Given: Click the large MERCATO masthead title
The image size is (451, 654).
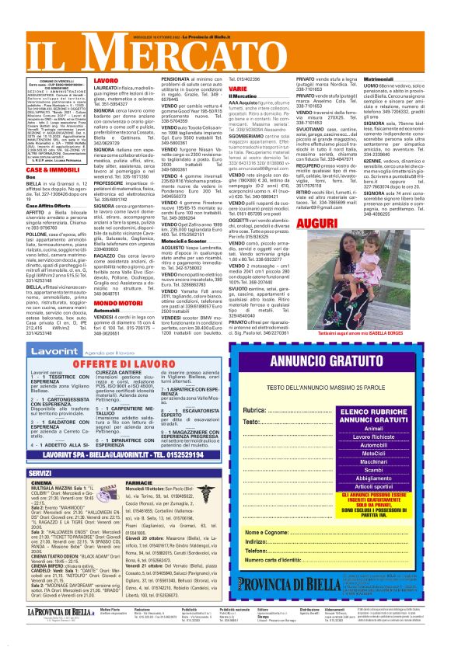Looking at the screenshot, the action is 226,51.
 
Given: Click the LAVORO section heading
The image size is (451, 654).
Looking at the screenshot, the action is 107,81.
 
